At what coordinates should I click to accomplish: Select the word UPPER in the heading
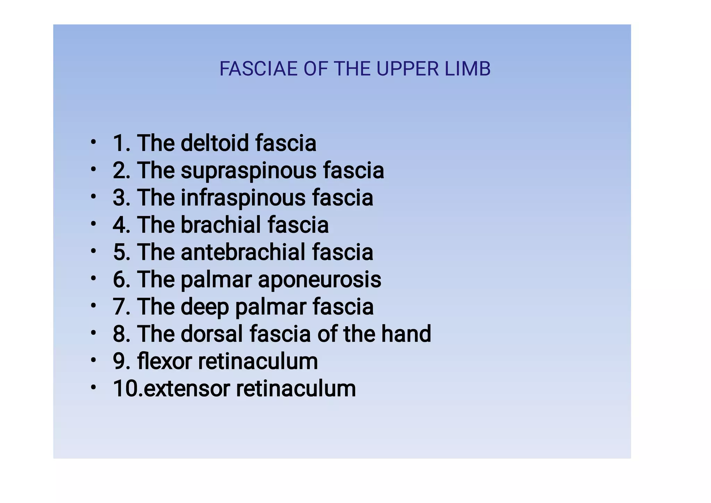pos(402,69)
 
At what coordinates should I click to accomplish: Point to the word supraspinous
pos(249,171)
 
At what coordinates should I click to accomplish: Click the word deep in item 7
pos(204,307)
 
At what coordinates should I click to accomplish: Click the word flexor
pos(164,361)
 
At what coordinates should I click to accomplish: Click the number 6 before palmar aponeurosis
pos(119,279)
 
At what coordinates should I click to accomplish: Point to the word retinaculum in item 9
pos(258,361)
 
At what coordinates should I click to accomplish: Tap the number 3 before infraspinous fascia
pos(119,198)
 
